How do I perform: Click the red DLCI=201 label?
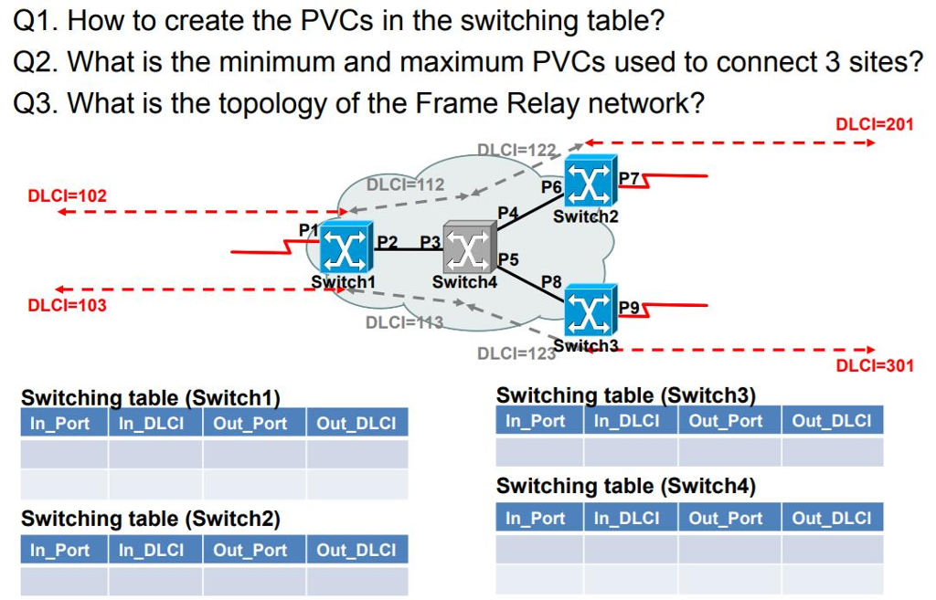pyautogui.click(x=875, y=124)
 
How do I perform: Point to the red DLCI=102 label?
pyautogui.click(x=67, y=195)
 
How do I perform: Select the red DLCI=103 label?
pyautogui.click(x=67, y=305)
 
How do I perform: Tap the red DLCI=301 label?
pyautogui.click(x=875, y=366)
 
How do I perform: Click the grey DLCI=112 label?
pyautogui.click(x=405, y=184)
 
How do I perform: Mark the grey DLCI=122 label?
pyautogui.click(x=516, y=151)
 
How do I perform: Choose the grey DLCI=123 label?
pyautogui.click(x=516, y=353)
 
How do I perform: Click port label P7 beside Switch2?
pyautogui.click(x=629, y=177)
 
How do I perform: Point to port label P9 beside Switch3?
pyautogui.click(x=629, y=307)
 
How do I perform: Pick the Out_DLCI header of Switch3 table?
pyautogui.click(x=831, y=421)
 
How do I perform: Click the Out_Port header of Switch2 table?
pyautogui.click(x=250, y=550)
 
